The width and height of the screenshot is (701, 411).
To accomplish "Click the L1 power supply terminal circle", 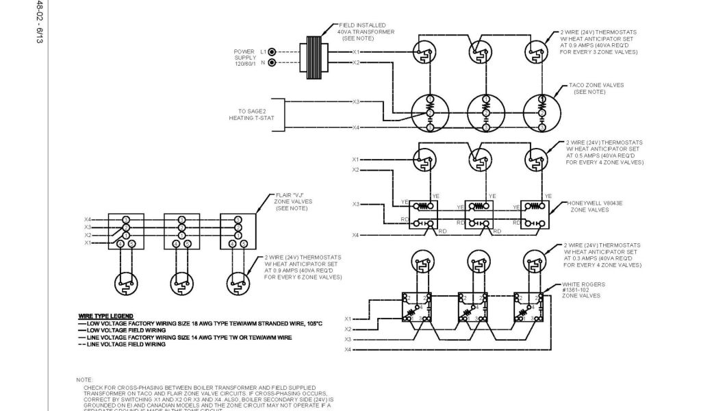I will tap(272, 51).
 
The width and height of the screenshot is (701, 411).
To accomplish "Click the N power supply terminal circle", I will tap(272, 62).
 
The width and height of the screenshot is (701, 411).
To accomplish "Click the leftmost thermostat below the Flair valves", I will tap(126, 280).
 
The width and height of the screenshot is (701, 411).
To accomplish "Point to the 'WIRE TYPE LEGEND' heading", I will tap(105, 316).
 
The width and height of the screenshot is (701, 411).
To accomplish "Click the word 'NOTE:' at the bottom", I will tap(86, 379).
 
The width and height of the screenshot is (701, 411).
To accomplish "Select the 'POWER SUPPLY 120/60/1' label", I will tap(245, 58).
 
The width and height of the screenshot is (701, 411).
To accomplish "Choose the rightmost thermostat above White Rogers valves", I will tap(535, 262).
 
